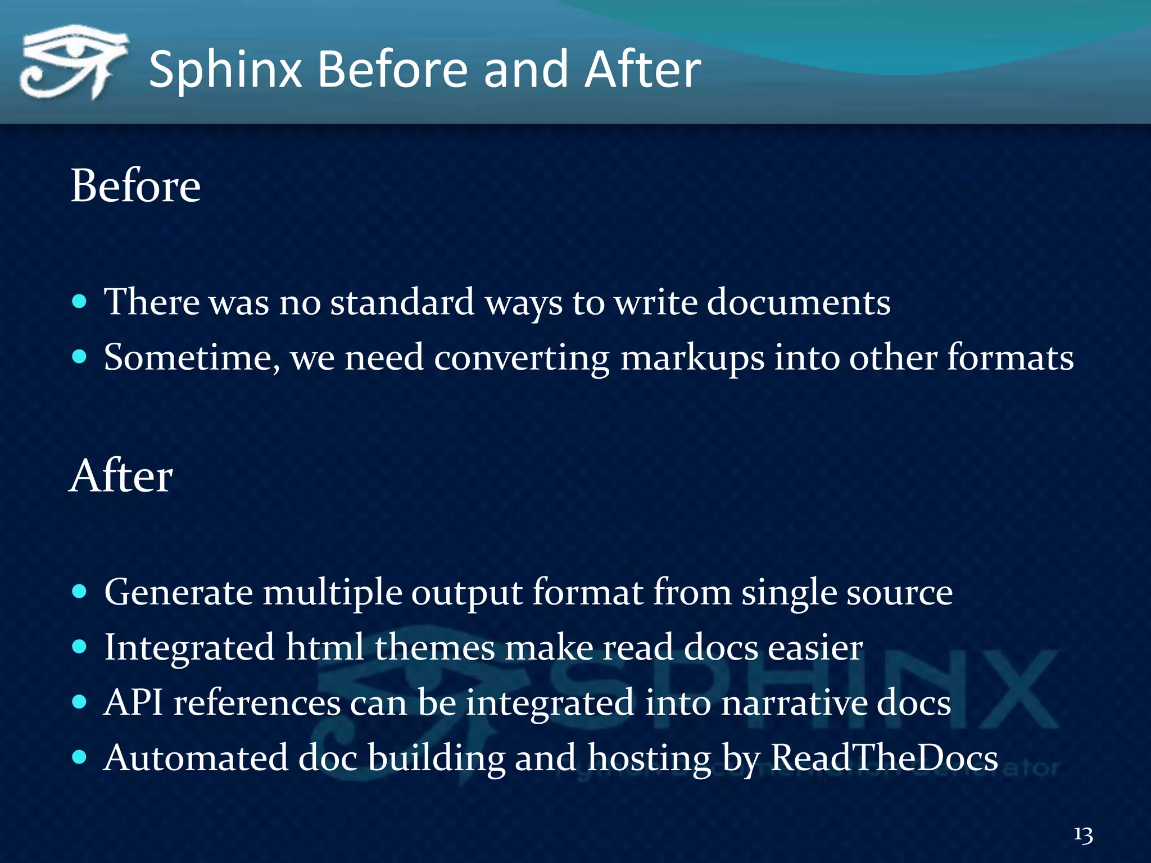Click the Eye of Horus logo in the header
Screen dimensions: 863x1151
[72, 62]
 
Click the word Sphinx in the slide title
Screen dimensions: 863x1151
[225, 70]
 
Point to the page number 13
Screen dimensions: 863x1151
[1083, 834]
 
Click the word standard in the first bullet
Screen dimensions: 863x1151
[402, 302]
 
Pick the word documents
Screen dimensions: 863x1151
[798, 302]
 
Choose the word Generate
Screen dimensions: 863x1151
[178, 593]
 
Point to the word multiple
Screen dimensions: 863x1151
[332, 593]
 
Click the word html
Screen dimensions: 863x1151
[324, 647]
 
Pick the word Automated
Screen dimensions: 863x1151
[196, 757]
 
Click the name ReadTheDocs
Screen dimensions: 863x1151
[883, 757]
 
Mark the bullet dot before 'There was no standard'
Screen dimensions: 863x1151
[80, 301]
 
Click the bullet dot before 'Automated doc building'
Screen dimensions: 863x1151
[80, 757]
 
